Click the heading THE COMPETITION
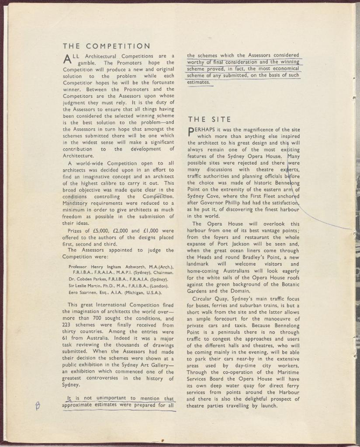tap(106, 46)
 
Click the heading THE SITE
tap(209, 119)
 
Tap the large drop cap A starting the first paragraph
tap(67, 59)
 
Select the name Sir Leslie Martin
tap(86, 286)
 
